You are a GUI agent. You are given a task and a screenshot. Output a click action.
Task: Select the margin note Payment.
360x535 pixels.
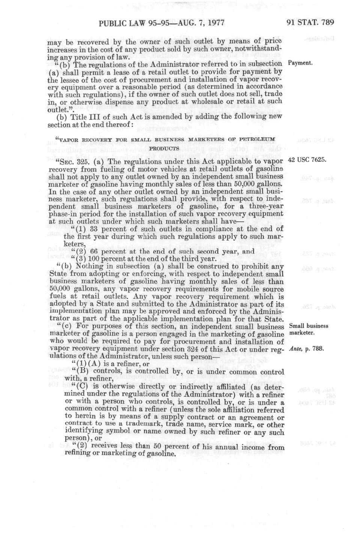pos(300,63)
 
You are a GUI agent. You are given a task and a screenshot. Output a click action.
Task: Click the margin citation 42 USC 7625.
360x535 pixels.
pos(307,159)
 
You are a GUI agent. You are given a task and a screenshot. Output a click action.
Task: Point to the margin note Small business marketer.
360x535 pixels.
pos(308,329)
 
